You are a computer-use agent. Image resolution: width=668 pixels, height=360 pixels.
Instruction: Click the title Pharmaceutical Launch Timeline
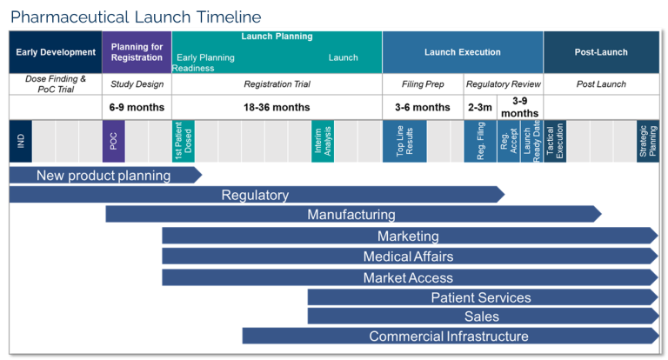(136, 17)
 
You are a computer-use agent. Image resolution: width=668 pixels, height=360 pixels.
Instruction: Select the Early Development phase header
(56, 52)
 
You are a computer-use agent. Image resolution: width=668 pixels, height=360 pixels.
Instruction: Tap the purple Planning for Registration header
(137, 52)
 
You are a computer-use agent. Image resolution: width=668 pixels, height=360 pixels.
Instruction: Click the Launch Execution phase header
(463, 52)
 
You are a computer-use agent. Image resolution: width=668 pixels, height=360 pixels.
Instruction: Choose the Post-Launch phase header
(601, 52)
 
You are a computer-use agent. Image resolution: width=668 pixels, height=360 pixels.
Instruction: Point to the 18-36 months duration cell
(277, 107)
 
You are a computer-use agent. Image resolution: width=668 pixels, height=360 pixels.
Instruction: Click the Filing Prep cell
(422, 84)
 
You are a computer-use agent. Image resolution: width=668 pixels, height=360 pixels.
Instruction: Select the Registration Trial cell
(277, 84)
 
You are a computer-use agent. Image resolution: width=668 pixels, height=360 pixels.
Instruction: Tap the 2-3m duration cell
(479, 107)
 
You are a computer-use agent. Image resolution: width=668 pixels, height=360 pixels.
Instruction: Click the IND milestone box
(20, 141)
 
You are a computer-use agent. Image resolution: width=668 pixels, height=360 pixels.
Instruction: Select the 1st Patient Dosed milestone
(184, 141)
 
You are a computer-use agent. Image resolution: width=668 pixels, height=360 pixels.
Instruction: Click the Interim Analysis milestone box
(323, 141)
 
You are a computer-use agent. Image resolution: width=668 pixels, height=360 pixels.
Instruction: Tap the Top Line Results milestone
(404, 141)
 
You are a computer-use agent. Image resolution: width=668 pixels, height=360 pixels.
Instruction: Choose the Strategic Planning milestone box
(648, 141)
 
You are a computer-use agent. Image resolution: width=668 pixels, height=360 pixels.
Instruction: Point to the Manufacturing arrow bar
(351, 214)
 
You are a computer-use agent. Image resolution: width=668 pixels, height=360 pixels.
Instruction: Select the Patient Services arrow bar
(481, 297)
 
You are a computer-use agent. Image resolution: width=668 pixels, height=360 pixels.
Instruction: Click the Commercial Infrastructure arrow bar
(449, 336)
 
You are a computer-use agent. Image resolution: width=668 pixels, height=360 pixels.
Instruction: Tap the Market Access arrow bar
(409, 277)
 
